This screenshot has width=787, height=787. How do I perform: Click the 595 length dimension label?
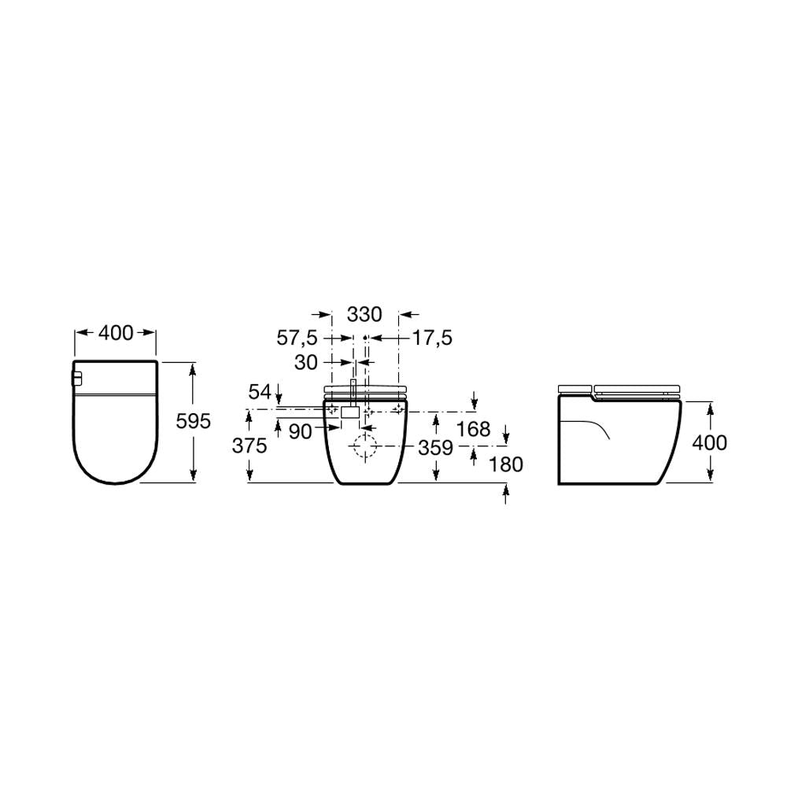(x=194, y=421)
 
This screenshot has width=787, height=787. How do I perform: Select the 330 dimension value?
(x=365, y=315)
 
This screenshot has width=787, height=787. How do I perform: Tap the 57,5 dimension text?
(x=297, y=338)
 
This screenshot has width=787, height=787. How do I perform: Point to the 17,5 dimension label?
(x=432, y=338)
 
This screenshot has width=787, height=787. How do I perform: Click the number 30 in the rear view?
(x=306, y=362)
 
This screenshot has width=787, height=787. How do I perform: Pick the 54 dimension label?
(x=260, y=391)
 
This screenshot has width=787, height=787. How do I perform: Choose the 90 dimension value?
(x=301, y=431)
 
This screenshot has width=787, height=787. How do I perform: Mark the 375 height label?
(x=249, y=445)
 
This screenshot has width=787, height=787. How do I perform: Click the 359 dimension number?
(x=436, y=448)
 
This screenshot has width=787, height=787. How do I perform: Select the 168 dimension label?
(x=474, y=429)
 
